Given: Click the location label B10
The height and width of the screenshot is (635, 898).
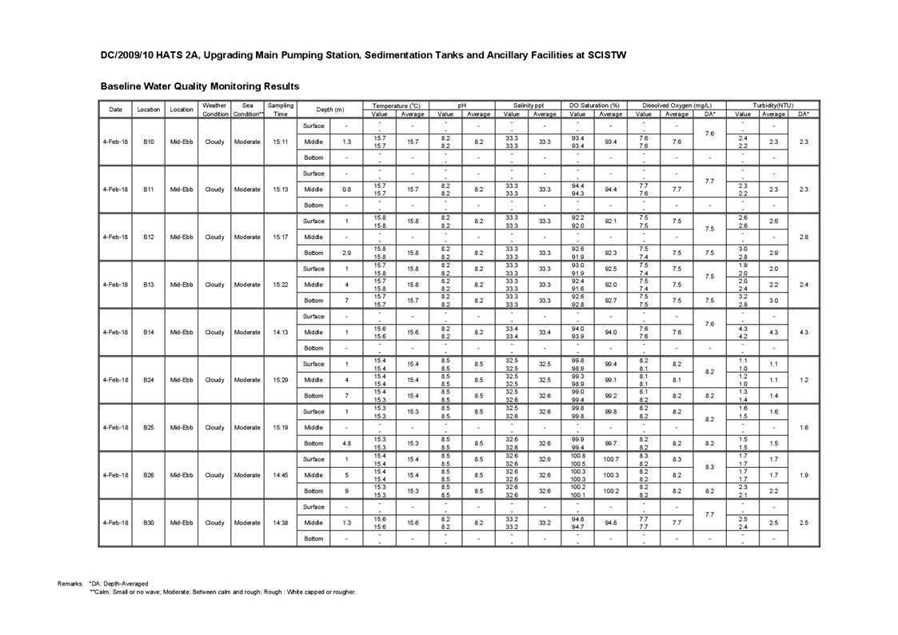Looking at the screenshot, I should pyautogui.click(x=148, y=142).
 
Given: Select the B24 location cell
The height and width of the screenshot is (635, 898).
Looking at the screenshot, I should pyautogui.click(x=148, y=380).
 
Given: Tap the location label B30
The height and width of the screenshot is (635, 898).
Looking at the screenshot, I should pyautogui.click(x=148, y=523).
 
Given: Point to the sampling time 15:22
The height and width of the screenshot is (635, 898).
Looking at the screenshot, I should pyautogui.click(x=280, y=285).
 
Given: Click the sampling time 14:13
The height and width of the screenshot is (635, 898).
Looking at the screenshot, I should pyautogui.click(x=280, y=332).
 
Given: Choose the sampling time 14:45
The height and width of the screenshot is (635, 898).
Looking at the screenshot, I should pyautogui.click(x=280, y=475).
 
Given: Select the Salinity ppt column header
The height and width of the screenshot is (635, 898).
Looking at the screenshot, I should pyautogui.click(x=528, y=106).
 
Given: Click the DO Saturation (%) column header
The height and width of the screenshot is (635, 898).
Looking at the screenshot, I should pyautogui.click(x=594, y=106).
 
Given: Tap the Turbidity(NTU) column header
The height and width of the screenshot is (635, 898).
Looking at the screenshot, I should pyautogui.click(x=772, y=106).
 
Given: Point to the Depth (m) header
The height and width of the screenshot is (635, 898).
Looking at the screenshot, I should pyautogui.click(x=329, y=110).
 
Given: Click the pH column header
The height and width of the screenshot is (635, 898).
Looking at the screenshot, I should pyautogui.click(x=462, y=106).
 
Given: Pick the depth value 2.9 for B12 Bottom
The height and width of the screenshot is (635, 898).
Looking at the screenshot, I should pyautogui.click(x=346, y=253).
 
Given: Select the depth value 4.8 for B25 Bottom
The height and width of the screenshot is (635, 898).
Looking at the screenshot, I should pyautogui.click(x=346, y=443).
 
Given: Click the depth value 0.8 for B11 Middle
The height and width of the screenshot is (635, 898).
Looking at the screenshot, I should pyautogui.click(x=346, y=190).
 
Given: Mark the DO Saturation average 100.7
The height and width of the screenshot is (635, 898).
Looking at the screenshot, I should pyautogui.click(x=611, y=459).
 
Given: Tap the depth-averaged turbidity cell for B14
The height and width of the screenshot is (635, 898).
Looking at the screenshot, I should pyautogui.click(x=804, y=332).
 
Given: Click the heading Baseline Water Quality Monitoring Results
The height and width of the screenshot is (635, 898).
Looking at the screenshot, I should pyautogui.click(x=200, y=86).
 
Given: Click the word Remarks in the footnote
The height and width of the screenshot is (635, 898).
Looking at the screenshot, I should pyautogui.click(x=70, y=584).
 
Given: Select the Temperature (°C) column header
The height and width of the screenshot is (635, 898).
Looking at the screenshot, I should pyautogui.click(x=396, y=106).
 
